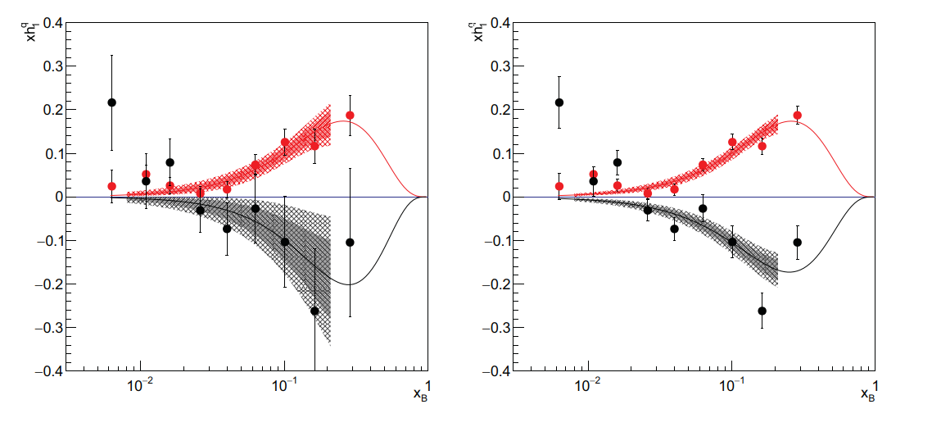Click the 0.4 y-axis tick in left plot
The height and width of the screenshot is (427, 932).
pos(50,23)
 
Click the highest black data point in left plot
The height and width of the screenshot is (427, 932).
pos(112,102)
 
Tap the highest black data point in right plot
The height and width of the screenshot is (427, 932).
pos(559,102)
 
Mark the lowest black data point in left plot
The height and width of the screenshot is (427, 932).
pos(314,311)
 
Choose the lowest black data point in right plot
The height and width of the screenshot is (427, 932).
pos(762,311)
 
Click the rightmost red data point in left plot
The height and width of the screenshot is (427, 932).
pos(350,116)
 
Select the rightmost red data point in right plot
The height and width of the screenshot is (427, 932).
pos(797,116)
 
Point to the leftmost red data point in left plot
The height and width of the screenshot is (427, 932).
pos(112,186)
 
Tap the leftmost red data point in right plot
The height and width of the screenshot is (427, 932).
pos(559,186)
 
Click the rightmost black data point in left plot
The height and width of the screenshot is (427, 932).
pos(350,242)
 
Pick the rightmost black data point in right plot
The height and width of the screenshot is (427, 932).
pos(797,242)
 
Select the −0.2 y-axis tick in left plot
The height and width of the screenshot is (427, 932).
pos(50,284)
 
